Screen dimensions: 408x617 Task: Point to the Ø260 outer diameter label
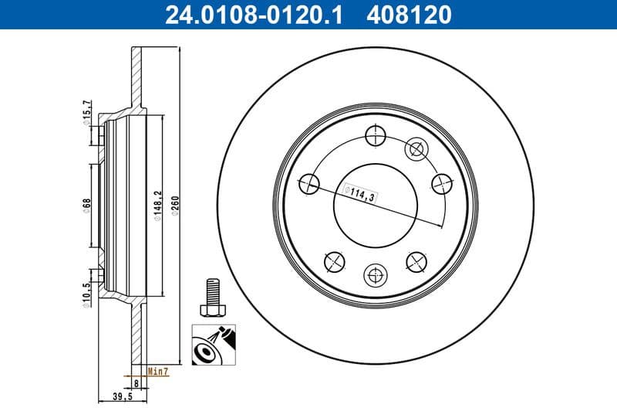[x=175, y=207]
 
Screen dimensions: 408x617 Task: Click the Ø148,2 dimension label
[x=157, y=207]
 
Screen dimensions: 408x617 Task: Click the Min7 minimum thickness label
[x=158, y=372]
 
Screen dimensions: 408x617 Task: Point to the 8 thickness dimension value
[x=136, y=382]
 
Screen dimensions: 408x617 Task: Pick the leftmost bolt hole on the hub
[x=308, y=183]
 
